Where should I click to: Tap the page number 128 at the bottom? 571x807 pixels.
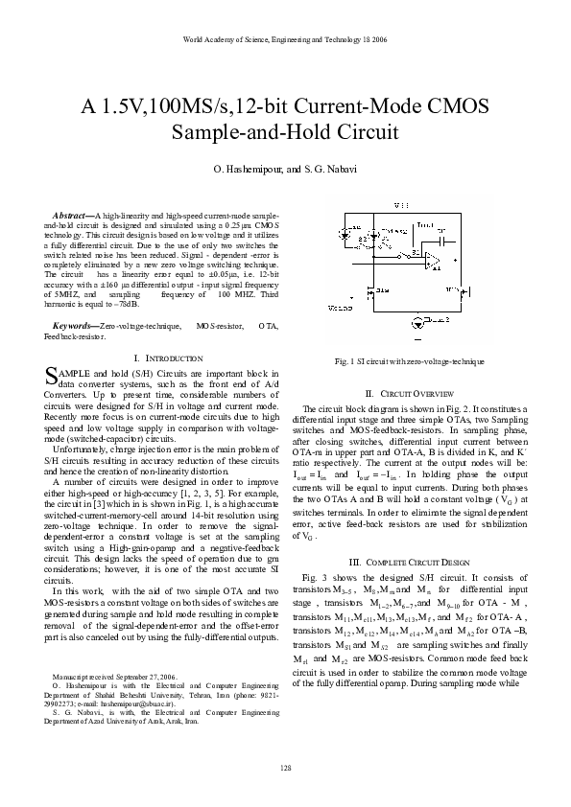tap(285, 770)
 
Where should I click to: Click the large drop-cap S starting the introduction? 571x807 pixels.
tap(53, 378)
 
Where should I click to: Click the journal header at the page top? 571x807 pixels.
tap(284, 39)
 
